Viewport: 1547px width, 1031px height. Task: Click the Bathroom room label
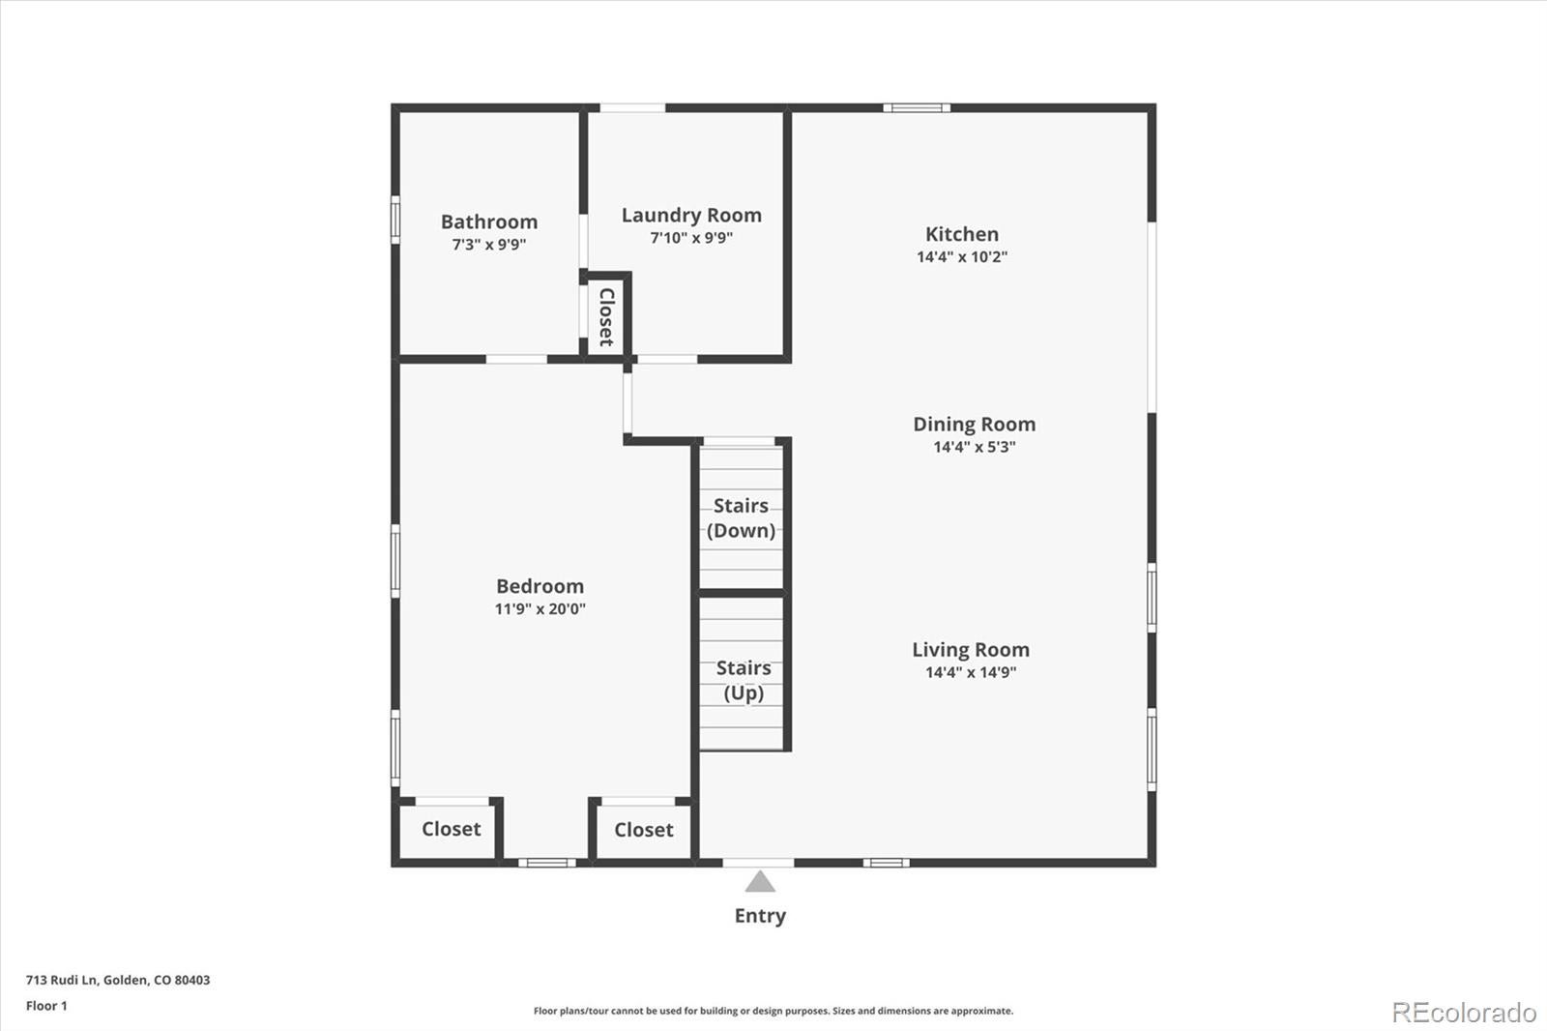click(488, 221)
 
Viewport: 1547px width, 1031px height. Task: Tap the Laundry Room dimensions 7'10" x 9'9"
click(690, 238)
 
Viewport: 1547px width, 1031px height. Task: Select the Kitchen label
click(961, 234)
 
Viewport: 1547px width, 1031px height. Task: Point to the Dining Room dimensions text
click(974, 447)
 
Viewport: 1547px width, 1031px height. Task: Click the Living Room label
click(970, 650)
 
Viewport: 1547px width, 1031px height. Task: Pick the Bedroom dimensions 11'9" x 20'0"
click(540, 609)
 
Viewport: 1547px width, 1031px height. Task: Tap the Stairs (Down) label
click(741, 517)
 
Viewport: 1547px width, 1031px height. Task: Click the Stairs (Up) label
click(743, 680)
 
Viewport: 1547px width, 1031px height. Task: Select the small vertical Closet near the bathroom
click(606, 316)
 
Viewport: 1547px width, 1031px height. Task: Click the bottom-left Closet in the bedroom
click(451, 829)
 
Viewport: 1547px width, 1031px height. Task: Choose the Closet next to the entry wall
click(643, 830)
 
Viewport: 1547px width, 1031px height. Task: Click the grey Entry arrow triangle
click(760, 881)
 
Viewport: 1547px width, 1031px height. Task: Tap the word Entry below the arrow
click(760, 916)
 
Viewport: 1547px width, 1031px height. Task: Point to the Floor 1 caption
click(46, 1006)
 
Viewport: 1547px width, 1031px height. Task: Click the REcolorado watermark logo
click(1463, 1013)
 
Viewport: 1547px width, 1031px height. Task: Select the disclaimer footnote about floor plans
click(773, 1011)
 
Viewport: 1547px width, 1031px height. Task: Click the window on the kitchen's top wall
click(917, 107)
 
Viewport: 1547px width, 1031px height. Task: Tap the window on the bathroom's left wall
click(395, 219)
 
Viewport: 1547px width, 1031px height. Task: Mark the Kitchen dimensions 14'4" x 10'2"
click(961, 257)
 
